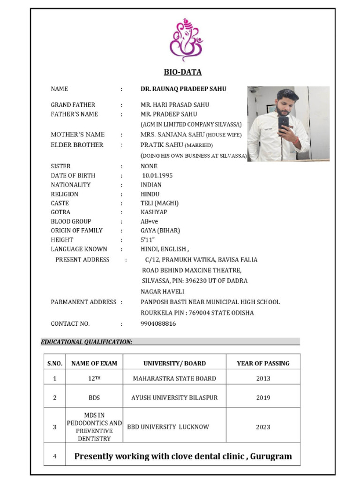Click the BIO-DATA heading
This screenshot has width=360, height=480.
click(x=182, y=72)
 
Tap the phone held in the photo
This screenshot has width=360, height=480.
click(x=284, y=123)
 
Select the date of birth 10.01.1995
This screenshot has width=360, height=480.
click(x=157, y=175)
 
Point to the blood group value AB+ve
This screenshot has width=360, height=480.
click(x=150, y=221)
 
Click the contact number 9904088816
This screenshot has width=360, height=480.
click(x=158, y=323)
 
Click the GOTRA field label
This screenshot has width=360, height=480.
click(x=61, y=212)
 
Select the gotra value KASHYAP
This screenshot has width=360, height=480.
click(x=154, y=212)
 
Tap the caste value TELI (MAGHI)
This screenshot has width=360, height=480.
click(x=159, y=203)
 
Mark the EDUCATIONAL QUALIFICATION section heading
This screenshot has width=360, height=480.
click(x=87, y=342)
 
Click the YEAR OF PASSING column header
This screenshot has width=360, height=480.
click(x=263, y=363)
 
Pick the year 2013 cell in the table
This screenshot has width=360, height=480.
click(x=263, y=378)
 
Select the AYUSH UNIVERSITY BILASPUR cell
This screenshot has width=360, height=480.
click(x=174, y=397)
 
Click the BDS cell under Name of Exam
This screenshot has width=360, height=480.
click(x=94, y=397)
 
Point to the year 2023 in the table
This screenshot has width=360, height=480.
click(x=263, y=427)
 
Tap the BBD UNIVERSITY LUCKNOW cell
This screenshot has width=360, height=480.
click(x=168, y=427)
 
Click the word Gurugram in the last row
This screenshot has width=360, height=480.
click(x=270, y=456)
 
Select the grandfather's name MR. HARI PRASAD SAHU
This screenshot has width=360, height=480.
click(x=175, y=105)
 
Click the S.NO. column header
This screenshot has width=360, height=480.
click(x=54, y=363)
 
